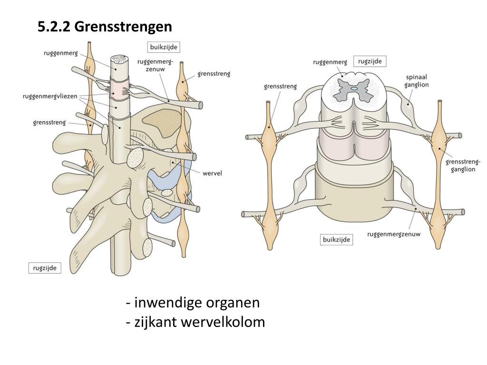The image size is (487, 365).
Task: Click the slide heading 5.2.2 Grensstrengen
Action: point(105,27)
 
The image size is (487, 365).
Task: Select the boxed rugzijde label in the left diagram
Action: point(45,268)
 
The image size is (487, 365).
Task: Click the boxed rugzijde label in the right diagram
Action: point(370,61)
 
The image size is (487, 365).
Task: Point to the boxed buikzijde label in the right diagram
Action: point(336,240)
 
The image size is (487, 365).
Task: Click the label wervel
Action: point(212,173)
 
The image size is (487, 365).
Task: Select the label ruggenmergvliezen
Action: point(49,96)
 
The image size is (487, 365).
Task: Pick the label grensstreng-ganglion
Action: point(463,165)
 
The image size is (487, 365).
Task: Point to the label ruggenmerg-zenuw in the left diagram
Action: point(155,65)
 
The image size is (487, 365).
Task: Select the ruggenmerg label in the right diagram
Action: point(330,62)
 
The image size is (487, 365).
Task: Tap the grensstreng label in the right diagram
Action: point(280,86)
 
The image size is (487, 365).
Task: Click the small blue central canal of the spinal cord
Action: point(354,88)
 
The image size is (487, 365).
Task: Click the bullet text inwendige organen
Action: point(193,303)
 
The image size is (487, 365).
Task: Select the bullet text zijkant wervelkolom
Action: point(196,322)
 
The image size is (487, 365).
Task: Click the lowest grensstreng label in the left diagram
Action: point(49,123)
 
